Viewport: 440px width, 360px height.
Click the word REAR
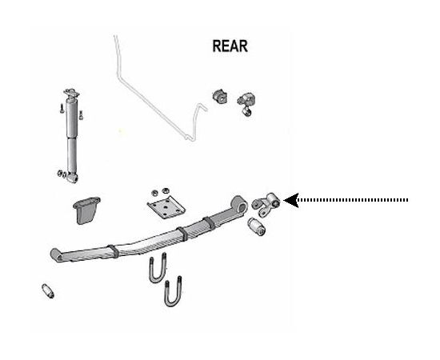tap(230, 46)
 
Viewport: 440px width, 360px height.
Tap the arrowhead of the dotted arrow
tap(290, 200)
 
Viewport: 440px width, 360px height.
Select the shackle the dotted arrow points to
tap(266, 204)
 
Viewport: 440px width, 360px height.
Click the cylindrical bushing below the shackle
tap(257, 226)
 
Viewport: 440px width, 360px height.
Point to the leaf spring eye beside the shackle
tap(239, 204)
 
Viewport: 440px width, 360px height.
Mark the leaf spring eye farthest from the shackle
tap(57, 255)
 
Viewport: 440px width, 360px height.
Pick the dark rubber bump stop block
tap(86, 210)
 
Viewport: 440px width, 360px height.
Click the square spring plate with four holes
tap(166, 207)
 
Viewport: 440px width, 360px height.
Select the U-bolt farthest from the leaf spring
tap(173, 292)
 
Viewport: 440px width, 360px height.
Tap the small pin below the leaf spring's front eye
tap(48, 291)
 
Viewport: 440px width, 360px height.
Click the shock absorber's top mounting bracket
tap(71, 94)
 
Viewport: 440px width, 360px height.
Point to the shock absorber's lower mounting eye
tap(72, 178)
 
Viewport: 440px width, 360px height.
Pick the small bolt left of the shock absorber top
tap(62, 108)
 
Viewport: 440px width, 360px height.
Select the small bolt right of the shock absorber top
tap(82, 114)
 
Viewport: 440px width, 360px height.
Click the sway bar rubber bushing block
tap(220, 96)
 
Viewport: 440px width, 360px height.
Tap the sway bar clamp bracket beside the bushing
tap(246, 103)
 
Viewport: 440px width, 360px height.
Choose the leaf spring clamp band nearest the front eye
tap(113, 251)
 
